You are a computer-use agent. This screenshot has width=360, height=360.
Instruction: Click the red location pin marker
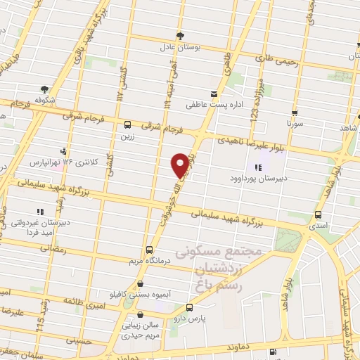pyautogui.click(x=181, y=165)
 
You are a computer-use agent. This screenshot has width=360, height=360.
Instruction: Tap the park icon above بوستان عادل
pyautogui.click(x=181, y=35)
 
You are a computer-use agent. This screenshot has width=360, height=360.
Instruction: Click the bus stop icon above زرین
pyautogui.click(x=127, y=125)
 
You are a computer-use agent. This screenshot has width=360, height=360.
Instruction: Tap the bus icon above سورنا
pyautogui.click(x=294, y=112)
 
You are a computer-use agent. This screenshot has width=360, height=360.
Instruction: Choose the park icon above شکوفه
pyautogui.click(x=45, y=89)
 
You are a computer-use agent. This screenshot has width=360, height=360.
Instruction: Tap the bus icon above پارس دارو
pyautogui.click(x=188, y=307)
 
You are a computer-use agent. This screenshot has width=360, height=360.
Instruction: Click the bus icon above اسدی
pyautogui.click(x=319, y=214)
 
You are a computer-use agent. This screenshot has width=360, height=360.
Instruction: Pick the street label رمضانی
pyautogui.click(x=53, y=247)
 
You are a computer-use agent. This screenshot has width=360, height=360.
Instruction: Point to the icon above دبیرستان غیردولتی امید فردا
pyautogui.click(x=40, y=210)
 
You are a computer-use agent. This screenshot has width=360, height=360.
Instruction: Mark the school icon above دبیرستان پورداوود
pyautogui.click(x=258, y=167)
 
